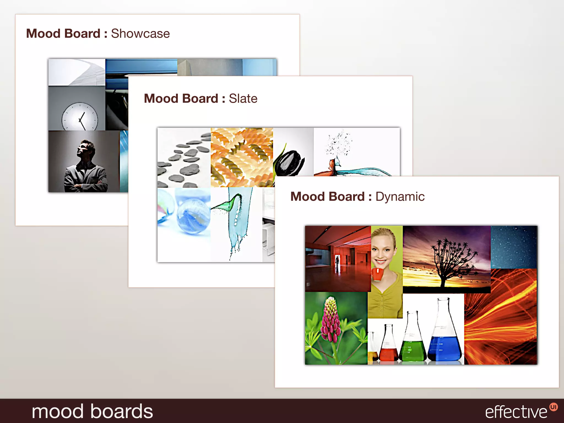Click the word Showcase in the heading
(140, 34)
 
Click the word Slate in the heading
(243, 99)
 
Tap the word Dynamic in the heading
(400, 197)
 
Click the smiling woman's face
(383, 249)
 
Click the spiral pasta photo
(242, 157)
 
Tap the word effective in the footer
(516, 412)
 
